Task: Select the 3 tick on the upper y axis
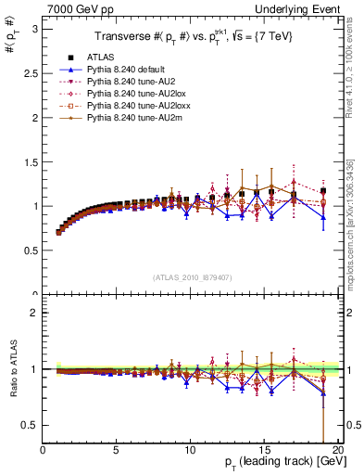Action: [36, 28]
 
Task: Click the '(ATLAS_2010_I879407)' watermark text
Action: [191, 276]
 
